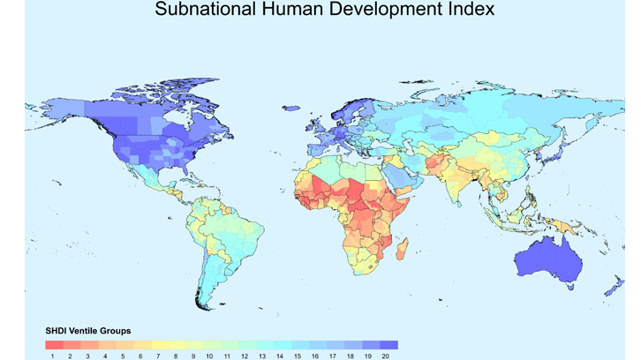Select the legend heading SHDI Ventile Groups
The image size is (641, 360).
88,331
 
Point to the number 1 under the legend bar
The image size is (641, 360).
53,356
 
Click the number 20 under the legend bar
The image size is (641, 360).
386,356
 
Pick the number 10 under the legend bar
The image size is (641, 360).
210,356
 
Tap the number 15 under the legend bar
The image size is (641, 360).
298,356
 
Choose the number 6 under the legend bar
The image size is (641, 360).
140,356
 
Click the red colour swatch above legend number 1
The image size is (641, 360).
54,345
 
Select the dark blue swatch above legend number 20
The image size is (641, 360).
388,345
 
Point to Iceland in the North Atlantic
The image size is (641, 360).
290,109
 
